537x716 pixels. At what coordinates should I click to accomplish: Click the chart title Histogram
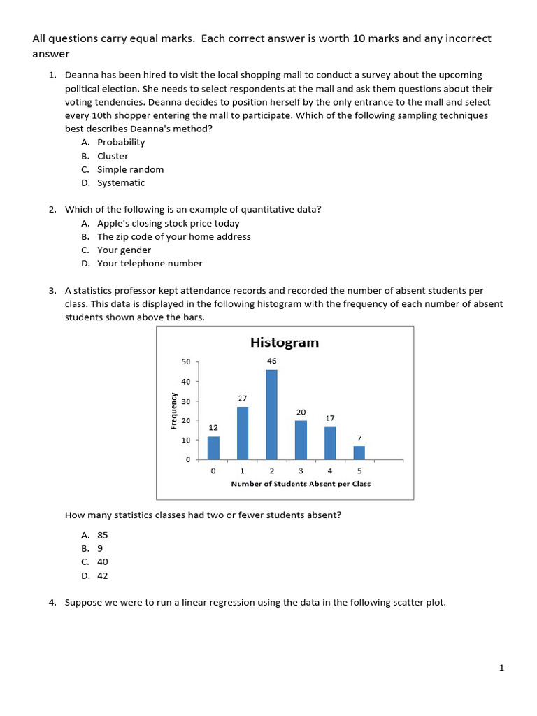tap(284, 343)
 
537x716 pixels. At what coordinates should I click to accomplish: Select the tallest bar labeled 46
tap(271, 414)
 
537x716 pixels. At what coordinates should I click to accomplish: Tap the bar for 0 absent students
tap(213, 447)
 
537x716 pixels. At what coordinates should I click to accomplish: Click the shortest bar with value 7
tap(359, 452)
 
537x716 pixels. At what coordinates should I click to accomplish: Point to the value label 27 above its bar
tap(242, 397)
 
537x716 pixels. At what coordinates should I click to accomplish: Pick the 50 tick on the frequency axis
tap(185, 361)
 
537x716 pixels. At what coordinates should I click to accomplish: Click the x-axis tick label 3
tap(301, 471)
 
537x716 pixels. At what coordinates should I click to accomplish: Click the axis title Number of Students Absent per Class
tap(301, 484)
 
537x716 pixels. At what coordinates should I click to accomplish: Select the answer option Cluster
tap(113, 156)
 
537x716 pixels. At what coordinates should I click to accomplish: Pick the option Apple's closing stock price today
tap(168, 224)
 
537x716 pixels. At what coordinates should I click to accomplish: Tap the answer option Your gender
tap(124, 250)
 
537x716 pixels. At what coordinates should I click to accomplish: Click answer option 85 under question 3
tap(103, 535)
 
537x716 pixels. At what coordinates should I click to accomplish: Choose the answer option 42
tap(103, 576)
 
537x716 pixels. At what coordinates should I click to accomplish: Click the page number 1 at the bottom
tap(501, 668)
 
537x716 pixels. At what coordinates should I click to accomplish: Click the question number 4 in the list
tap(52, 602)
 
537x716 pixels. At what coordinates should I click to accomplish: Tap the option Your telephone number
tap(150, 264)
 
